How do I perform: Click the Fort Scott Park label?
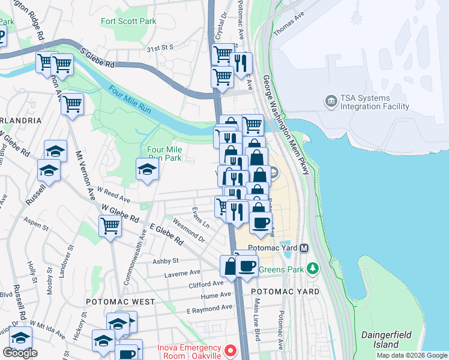tap(128, 22)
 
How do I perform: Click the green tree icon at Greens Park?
tap(312, 267)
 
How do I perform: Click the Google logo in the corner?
tap(20, 353)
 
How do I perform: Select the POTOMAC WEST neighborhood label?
tap(119, 302)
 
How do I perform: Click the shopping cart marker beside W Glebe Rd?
tap(110, 226)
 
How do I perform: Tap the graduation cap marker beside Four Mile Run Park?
tap(146, 169)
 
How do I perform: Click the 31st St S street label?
tap(160, 47)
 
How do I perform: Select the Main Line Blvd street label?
tap(256, 319)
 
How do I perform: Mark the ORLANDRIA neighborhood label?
tap(20, 120)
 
